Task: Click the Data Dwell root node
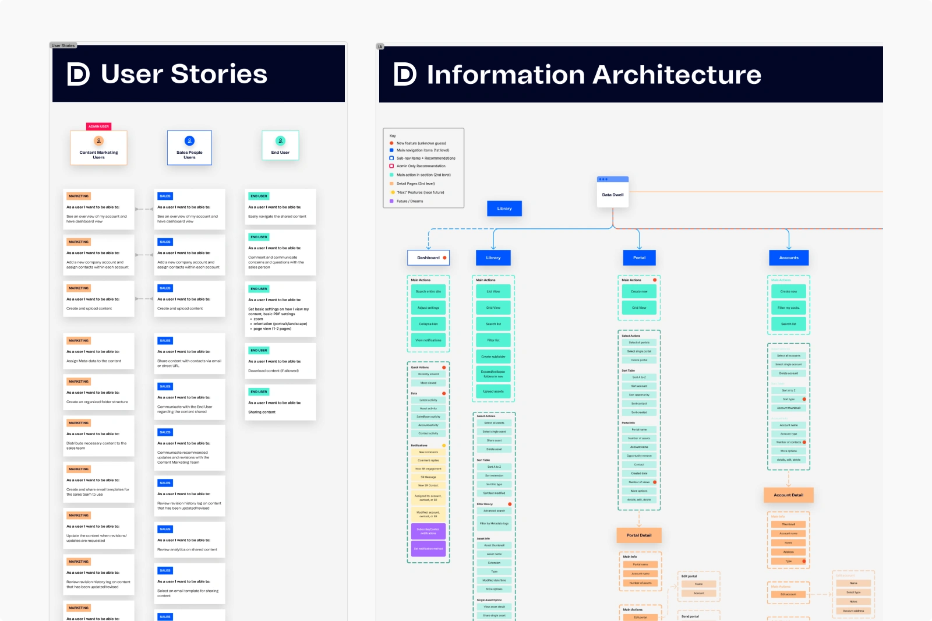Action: [x=613, y=195]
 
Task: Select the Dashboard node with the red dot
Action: [x=429, y=257]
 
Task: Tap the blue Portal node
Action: [x=639, y=257]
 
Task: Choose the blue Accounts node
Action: [x=789, y=257]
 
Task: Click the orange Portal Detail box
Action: [x=639, y=535]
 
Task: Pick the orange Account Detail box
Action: [x=788, y=495]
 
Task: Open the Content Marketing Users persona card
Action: [x=99, y=148]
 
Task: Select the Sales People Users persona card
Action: [x=189, y=148]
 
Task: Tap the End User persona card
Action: [x=280, y=146]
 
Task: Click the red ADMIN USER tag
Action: [x=98, y=126]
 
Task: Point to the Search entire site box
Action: [x=428, y=291]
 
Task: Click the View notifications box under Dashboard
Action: [x=428, y=340]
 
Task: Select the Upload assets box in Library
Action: [x=493, y=391]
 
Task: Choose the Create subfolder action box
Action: [x=493, y=357]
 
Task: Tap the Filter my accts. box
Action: [x=789, y=308]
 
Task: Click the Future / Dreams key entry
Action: [x=410, y=201]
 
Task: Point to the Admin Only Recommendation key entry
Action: [x=421, y=166]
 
